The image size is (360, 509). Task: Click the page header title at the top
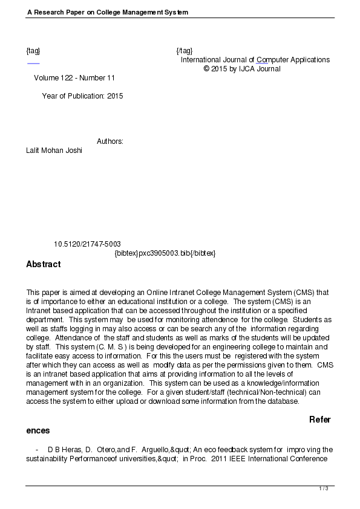tap(107, 12)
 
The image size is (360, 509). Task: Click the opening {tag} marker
tap(33, 50)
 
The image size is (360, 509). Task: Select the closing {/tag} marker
tap(185, 50)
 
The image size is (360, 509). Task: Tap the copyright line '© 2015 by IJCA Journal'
tap(242, 69)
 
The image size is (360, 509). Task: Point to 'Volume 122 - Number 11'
tap(74, 78)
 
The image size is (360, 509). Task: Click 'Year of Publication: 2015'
tap(82, 96)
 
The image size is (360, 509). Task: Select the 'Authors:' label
tap(110, 141)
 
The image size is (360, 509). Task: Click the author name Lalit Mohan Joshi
tap(54, 151)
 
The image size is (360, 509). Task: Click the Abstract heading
tap(43, 264)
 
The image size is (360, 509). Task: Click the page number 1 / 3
tap(323, 488)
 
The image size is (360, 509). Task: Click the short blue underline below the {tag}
tap(33, 63)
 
